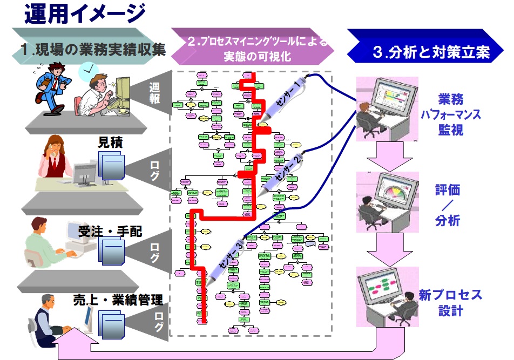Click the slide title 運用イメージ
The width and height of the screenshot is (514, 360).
click(85, 13)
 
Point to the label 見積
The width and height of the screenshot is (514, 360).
click(110, 143)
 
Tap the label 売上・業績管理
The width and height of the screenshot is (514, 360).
click(118, 299)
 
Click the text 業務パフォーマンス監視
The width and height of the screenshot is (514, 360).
click(451, 114)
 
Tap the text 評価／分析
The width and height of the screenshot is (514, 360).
click(448, 205)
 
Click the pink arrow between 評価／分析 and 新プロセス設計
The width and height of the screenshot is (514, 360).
click(388, 248)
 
